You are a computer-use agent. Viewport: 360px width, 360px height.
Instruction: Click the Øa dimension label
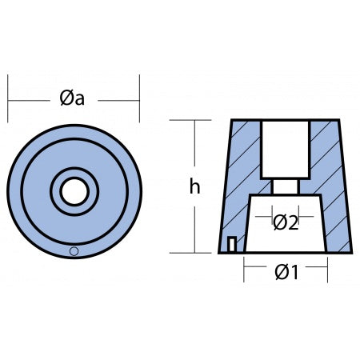click(72, 98)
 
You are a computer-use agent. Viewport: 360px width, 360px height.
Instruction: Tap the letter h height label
click(194, 186)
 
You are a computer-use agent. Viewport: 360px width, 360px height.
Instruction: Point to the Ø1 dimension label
click(286, 272)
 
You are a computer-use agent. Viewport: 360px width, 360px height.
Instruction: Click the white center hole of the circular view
click(74, 191)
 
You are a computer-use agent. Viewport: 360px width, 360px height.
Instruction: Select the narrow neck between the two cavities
click(285, 186)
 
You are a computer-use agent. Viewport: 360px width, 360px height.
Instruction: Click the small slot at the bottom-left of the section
click(232, 244)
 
